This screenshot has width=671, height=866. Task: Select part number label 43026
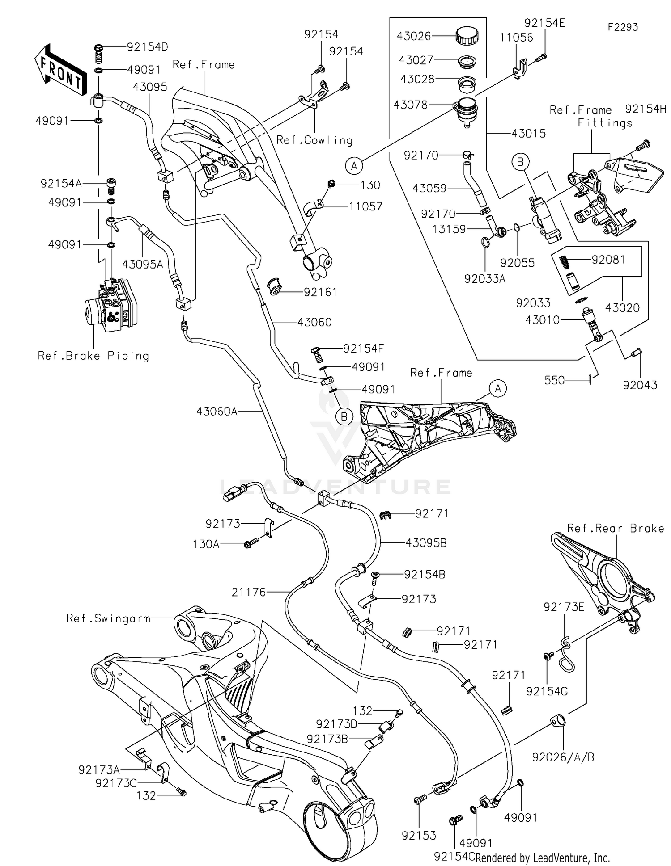[x=414, y=36]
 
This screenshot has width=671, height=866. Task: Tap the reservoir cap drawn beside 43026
[x=467, y=35]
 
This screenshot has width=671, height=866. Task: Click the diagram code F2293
[x=623, y=27]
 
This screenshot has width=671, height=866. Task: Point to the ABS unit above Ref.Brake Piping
[x=110, y=305]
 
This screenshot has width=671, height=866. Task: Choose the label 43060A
[x=217, y=411]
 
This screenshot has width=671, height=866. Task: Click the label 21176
[x=249, y=592]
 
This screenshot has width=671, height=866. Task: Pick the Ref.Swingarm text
[x=108, y=618]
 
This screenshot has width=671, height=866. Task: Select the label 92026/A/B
[x=563, y=757]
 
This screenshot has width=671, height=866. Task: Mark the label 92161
[x=320, y=292]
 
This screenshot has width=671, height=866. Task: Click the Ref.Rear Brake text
[x=616, y=528]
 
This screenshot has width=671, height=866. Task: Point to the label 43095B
[x=426, y=543]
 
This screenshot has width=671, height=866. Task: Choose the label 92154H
[x=646, y=109]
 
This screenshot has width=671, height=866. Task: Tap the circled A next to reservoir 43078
[x=354, y=166]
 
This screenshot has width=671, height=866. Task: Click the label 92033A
[x=485, y=279]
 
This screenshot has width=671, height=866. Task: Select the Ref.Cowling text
[x=314, y=140]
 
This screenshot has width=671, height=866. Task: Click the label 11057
[x=365, y=206]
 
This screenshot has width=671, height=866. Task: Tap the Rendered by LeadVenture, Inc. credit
[x=543, y=858]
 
